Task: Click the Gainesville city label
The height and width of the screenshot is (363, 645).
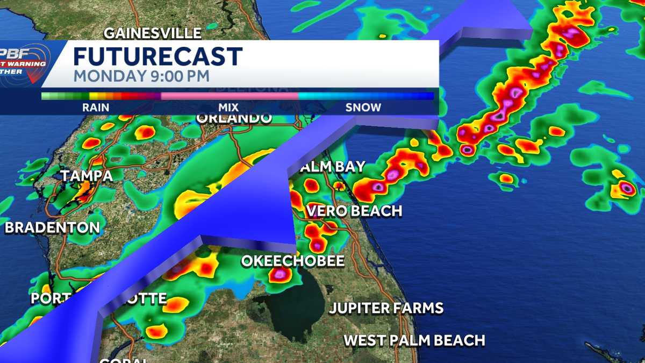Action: (x=153, y=33)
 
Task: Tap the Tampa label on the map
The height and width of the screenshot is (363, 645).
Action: (x=87, y=176)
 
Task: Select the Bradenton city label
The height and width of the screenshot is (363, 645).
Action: (x=53, y=227)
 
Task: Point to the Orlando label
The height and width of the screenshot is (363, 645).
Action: (x=234, y=118)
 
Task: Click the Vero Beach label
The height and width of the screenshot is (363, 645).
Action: (x=354, y=211)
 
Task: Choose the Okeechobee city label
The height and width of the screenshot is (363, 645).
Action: (x=293, y=261)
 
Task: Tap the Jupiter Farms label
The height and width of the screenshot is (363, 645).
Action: (x=386, y=308)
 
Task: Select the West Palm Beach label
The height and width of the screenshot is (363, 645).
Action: (x=414, y=340)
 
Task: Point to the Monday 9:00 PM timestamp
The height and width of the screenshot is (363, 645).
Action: (x=141, y=76)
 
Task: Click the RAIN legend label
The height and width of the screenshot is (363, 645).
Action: (x=96, y=108)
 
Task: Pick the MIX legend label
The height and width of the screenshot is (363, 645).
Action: (x=228, y=108)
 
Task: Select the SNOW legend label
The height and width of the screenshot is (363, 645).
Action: (x=363, y=108)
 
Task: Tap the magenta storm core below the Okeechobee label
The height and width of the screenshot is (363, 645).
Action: (x=279, y=274)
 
